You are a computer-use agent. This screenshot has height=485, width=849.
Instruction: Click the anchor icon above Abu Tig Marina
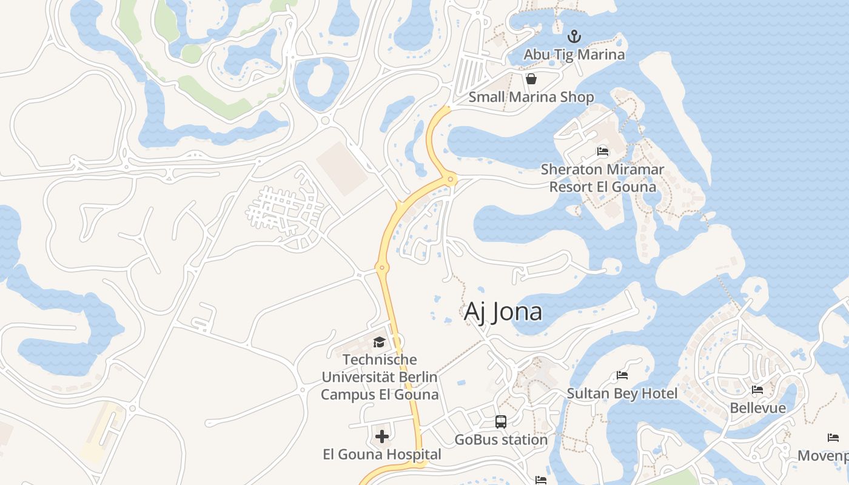[574, 36]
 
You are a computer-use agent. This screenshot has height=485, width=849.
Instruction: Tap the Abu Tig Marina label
[574, 55]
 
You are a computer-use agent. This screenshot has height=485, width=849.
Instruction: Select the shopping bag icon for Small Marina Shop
[531, 79]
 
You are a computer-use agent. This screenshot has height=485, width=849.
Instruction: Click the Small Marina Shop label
[531, 97]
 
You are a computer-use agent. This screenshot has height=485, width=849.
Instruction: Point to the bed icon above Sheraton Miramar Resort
[603, 151]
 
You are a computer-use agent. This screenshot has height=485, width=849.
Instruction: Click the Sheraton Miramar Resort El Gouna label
[603, 178]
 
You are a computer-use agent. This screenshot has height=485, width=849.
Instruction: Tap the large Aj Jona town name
[503, 312]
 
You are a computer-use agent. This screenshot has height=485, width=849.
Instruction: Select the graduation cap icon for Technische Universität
[379, 342]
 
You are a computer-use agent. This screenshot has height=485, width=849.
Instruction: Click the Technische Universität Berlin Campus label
[379, 377]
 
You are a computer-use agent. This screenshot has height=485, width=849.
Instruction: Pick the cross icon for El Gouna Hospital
[382, 436]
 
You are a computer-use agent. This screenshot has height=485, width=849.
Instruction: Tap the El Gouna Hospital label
[382, 454]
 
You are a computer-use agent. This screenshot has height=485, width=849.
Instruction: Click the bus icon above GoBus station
[501, 421]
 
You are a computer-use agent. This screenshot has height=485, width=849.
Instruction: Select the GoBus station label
[501, 440]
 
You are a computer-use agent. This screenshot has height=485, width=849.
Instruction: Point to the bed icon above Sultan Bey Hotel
[622, 375]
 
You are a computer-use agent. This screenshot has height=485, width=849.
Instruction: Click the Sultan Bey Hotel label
[622, 393]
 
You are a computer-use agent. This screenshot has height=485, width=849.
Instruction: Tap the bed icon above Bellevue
[757, 390]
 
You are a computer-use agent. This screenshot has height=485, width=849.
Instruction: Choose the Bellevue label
[757, 408]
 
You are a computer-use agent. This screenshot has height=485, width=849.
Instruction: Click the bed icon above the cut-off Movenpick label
[833, 438]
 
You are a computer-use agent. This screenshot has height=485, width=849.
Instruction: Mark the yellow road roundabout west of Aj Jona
[381, 267]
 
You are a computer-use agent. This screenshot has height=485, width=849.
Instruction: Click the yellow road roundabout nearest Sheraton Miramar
[450, 179]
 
